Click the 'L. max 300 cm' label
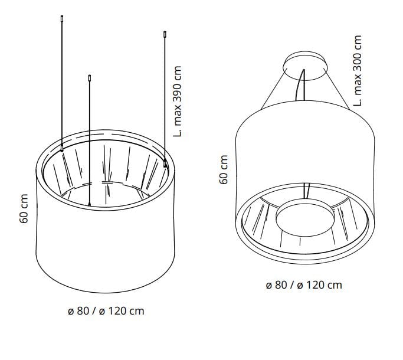[x=357, y=69]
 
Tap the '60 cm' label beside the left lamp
[x=24, y=208]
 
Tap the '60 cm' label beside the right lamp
[x=224, y=170]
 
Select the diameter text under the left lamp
[x=106, y=310]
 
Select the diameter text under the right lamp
[x=304, y=285]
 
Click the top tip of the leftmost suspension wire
[x=61, y=19]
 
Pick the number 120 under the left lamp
[x=122, y=310]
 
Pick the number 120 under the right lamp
[x=320, y=285]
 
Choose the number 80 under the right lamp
[x=279, y=285]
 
